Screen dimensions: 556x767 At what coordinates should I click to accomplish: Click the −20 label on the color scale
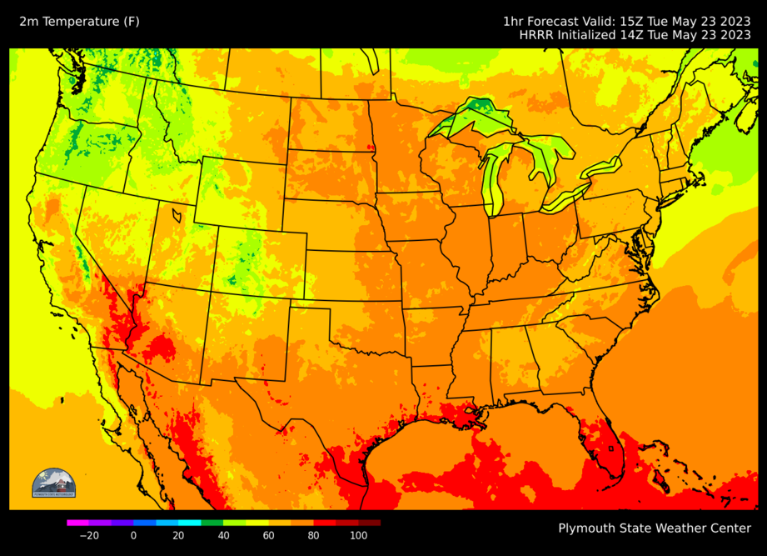pyautogui.click(x=88, y=535)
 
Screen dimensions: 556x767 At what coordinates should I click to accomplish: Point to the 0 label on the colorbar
pyautogui.click(x=133, y=535)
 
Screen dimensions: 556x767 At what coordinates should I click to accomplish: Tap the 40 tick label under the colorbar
pyautogui.click(x=223, y=535)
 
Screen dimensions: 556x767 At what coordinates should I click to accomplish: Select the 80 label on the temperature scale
pyautogui.click(x=313, y=535)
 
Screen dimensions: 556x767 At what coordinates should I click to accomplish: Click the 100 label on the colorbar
pyautogui.click(x=358, y=535)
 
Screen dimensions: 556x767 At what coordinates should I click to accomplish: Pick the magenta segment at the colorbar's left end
pyautogui.click(x=72, y=523)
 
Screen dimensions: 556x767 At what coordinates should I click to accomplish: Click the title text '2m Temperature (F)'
pyautogui.click(x=80, y=21)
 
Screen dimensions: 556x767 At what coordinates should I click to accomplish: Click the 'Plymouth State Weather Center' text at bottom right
pyautogui.click(x=655, y=528)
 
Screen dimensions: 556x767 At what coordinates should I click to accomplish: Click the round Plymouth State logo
pyautogui.click(x=53, y=484)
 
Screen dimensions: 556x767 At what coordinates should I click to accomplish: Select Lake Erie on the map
pyautogui.click(x=565, y=197)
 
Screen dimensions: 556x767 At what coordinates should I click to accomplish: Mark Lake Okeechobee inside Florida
pyautogui.click(x=611, y=449)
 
